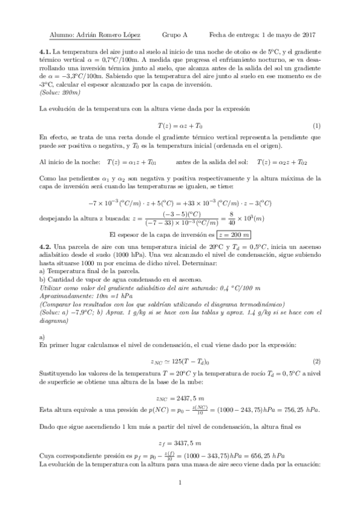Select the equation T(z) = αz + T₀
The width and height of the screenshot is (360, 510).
(x=180, y=126)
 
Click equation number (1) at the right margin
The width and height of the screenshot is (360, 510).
(x=317, y=126)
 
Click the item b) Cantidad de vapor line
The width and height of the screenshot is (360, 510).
(x=117, y=281)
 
